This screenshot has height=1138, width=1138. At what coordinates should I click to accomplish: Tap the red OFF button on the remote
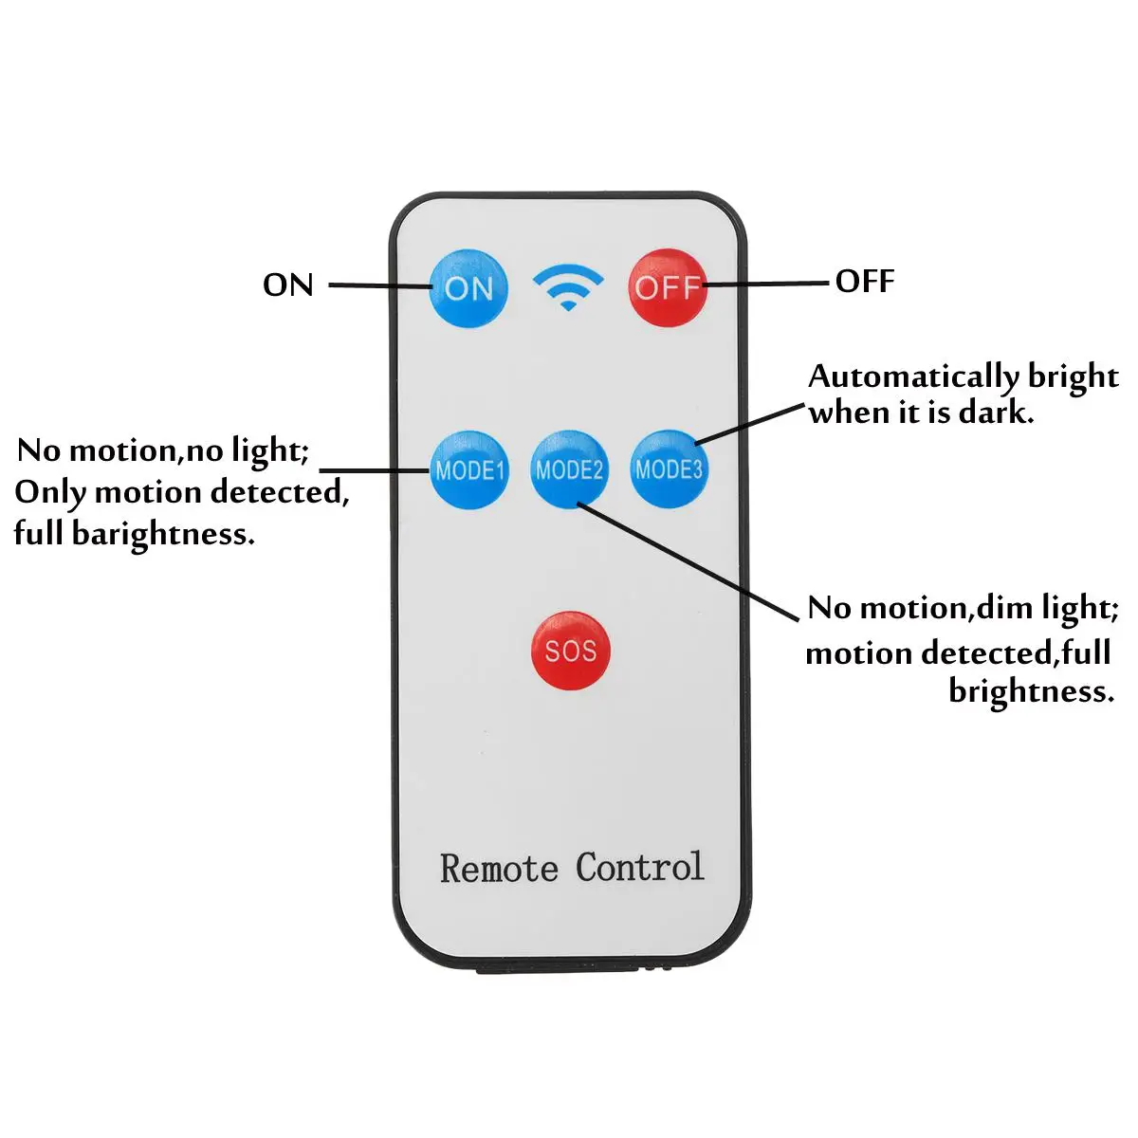tap(668, 286)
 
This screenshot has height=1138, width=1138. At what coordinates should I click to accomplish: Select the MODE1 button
tap(469, 469)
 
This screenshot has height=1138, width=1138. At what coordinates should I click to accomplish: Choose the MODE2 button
tap(569, 469)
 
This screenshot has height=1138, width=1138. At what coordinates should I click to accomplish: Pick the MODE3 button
tap(669, 468)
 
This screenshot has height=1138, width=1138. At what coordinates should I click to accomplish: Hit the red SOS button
tap(570, 651)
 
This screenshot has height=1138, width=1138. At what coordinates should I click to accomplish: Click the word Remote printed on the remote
tap(499, 869)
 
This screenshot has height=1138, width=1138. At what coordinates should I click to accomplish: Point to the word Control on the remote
tap(640, 867)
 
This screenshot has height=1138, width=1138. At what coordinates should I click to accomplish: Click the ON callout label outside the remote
tap(287, 284)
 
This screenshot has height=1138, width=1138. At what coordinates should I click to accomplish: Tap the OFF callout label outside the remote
tap(865, 282)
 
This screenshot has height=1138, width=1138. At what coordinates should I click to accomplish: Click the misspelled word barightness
tap(163, 534)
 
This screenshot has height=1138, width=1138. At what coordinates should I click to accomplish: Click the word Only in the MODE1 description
tap(50, 492)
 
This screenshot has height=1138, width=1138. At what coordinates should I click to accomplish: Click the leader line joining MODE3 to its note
tap(749, 423)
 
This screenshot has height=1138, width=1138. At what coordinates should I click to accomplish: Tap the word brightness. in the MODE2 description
tap(1031, 691)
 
